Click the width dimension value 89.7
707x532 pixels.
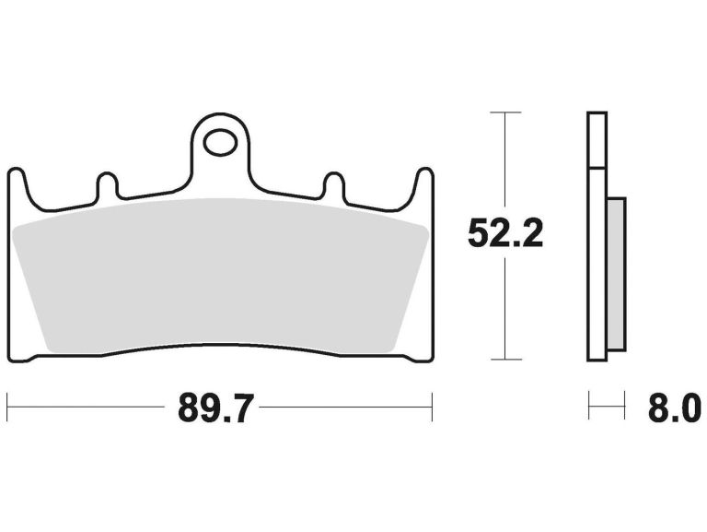(x=215, y=407)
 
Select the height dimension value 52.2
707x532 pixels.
(x=505, y=233)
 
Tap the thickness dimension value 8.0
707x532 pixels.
(x=674, y=407)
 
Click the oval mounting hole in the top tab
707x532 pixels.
(x=220, y=142)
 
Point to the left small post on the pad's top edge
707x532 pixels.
(x=107, y=184)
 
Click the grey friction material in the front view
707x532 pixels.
(x=220, y=277)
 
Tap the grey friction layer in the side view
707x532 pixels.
(x=616, y=277)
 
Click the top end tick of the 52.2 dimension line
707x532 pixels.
(x=505, y=112)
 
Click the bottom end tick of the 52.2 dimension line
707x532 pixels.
(x=505, y=360)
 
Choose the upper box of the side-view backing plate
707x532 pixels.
(x=597, y=140)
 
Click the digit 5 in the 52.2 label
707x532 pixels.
(x=478, y=233)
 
